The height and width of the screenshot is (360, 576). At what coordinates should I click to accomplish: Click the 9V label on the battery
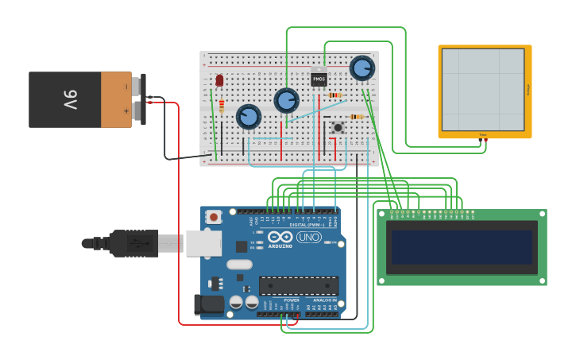click(69, 100)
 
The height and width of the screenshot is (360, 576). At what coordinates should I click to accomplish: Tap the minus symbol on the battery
click(126, 86)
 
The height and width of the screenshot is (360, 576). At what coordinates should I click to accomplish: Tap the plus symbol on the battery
click(126, 111)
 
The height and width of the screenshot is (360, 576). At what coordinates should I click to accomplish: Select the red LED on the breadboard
click(220, 80)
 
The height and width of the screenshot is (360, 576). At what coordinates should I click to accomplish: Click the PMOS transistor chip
click(319, 79)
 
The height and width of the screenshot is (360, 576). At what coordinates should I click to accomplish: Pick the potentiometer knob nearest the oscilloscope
click(362, 68)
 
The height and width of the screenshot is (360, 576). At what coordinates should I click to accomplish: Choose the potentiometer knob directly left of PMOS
click(286, 100)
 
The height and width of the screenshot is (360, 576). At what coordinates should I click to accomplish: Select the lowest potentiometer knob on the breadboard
click(249, 117)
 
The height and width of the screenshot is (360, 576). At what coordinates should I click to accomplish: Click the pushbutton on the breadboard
click(338, 126)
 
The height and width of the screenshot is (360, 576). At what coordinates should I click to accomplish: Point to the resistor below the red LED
click(222, 106)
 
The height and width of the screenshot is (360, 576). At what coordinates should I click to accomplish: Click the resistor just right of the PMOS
click(335, 95)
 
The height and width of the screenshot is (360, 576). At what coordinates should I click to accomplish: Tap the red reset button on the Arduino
click(213, 216)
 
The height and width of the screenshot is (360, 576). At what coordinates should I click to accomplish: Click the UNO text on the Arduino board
click(308, 237)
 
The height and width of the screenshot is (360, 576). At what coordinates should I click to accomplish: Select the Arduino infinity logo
click(280, 237)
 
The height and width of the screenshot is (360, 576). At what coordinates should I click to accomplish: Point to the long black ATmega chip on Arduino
click(299, 285)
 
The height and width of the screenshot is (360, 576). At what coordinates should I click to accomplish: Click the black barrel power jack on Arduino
click(208, 304)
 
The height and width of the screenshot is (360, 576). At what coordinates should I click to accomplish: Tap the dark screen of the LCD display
click(461, 247)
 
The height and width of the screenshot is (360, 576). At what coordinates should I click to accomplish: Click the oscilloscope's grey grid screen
click(483, 90)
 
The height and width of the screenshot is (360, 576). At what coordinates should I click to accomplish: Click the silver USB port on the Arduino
click(203, 243)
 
